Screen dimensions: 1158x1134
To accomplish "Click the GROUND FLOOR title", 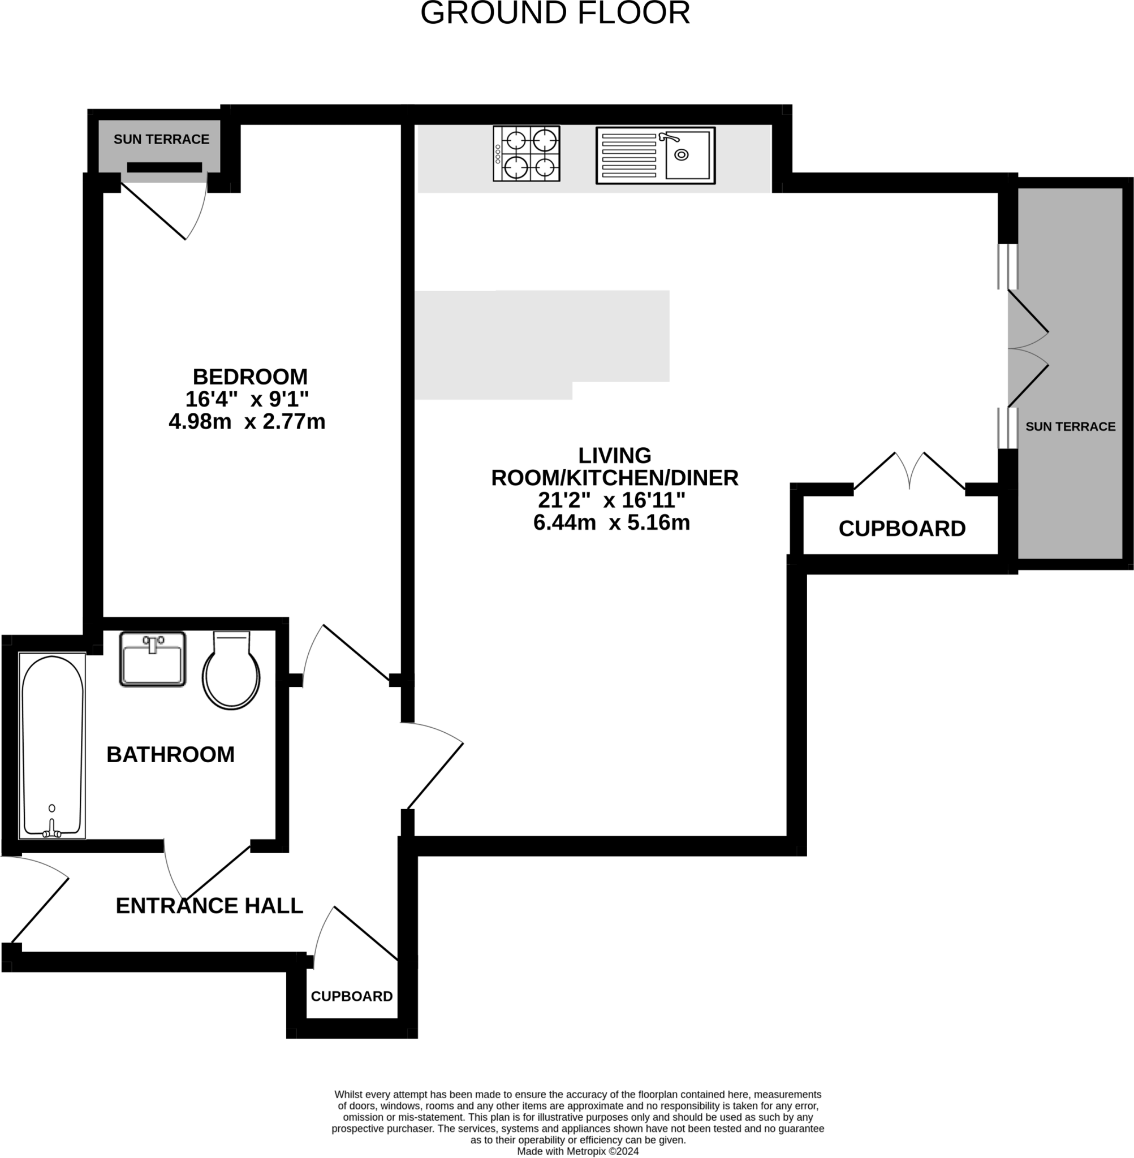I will coord(555,13).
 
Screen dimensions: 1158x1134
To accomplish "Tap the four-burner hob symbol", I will coord(527,154).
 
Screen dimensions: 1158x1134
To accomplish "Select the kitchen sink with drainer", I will coord(655,155).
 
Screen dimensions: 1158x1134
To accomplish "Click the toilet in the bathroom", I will coord(231,671).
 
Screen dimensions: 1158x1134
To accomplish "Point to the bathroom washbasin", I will coord(153,659).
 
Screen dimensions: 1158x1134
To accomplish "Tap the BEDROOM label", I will coord(250,377).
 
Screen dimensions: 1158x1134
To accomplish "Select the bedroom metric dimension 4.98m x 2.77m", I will coord(247,421).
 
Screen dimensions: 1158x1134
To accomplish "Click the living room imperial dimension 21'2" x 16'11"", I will coord(611,500).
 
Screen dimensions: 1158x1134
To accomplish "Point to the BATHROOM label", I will coord(170,755).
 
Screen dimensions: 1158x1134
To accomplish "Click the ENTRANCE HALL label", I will coord(209,906).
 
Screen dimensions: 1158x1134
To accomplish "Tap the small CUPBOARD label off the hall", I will coord(351,996).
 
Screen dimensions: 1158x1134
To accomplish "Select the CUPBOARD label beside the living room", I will coord(902,529).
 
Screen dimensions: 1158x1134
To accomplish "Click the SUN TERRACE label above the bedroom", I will coord(161,139).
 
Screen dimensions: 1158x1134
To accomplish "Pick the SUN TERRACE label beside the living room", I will coord(1070,426).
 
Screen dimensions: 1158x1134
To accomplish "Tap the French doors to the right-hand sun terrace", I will coord(1028,349).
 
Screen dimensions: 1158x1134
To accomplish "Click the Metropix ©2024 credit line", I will coord(577,1151).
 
